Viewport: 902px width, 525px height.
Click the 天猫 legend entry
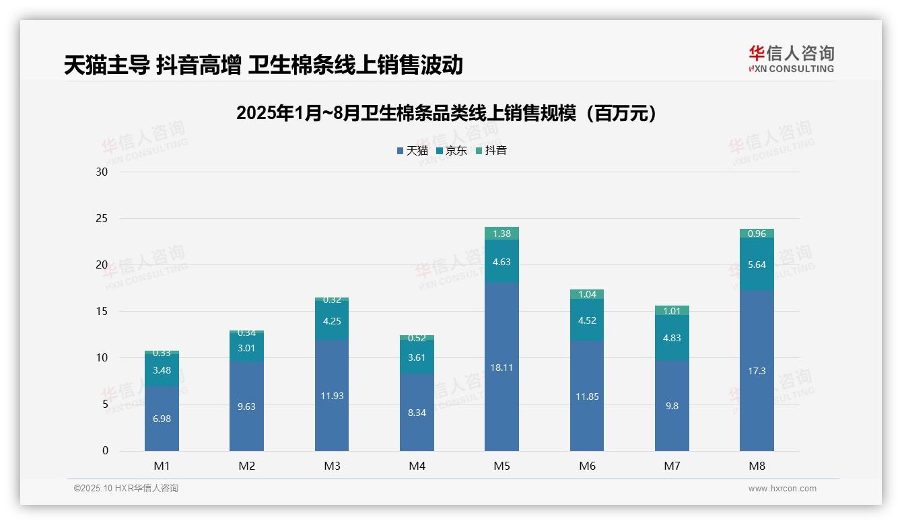413,151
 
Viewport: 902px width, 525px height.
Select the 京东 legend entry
452,151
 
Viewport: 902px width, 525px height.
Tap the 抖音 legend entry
491,151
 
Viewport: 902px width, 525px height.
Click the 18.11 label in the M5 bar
501,367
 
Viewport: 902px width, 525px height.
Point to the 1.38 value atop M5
501,234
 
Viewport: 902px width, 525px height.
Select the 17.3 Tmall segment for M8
757,371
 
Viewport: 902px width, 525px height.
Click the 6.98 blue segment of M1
162,419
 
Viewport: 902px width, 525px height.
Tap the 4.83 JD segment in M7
672,338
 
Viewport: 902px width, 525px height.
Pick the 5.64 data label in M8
757,265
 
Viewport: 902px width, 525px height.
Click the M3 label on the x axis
332,466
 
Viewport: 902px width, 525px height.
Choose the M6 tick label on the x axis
587,466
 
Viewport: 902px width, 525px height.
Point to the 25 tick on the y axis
102,219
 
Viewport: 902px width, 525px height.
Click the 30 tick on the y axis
102,172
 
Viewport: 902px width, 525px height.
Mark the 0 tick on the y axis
105,451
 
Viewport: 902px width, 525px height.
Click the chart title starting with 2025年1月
446,114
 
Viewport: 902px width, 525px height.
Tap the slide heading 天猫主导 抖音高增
263,65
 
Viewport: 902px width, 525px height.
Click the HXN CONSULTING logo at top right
791,59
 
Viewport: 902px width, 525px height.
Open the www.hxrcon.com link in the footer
782,489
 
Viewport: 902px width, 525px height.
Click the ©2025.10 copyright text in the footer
126,489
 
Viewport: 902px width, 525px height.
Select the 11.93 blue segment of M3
332,396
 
